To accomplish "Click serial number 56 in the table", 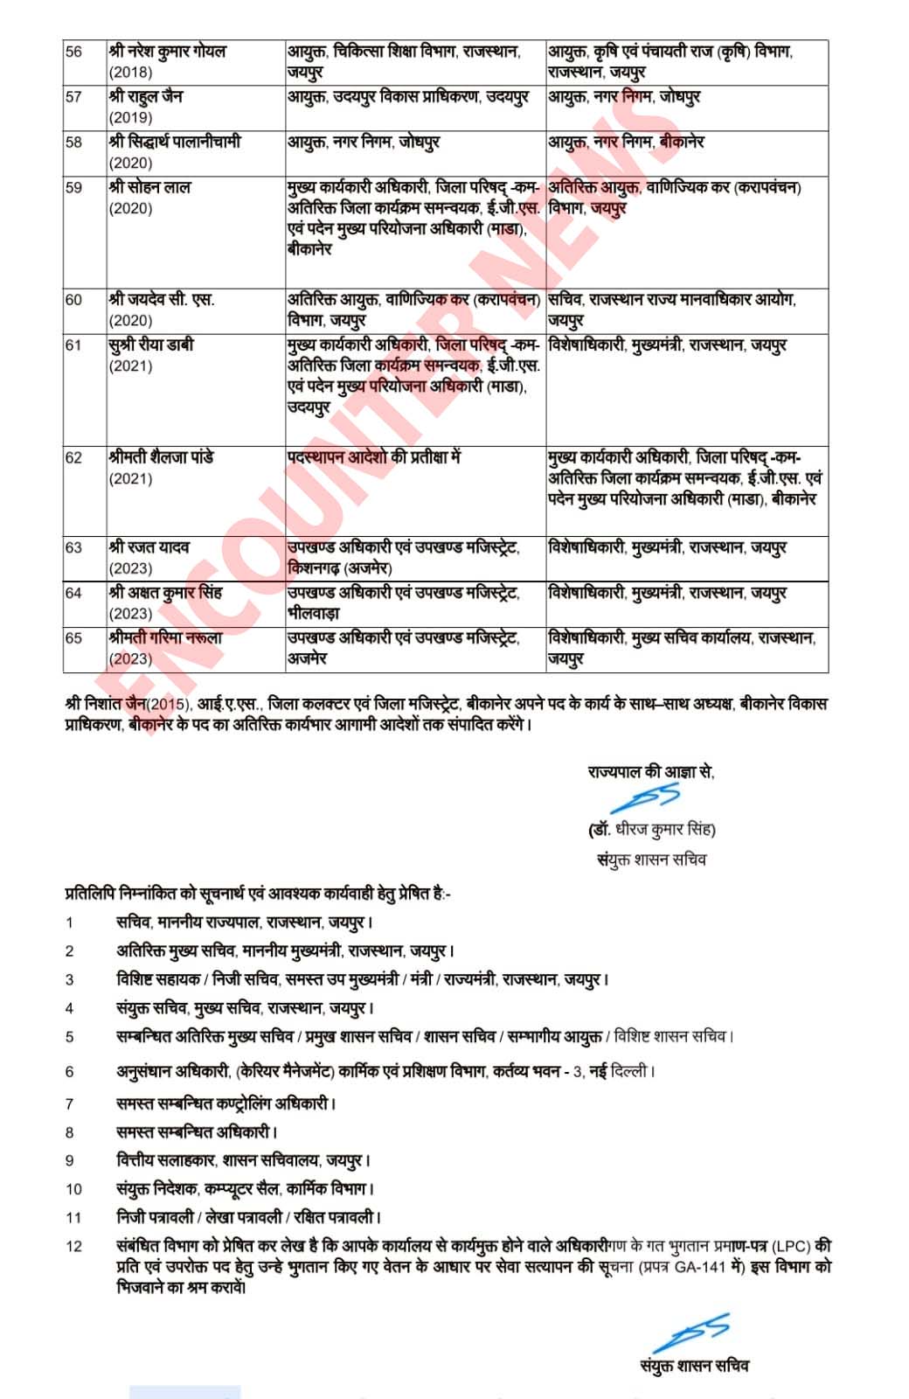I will pyautogui.click(x=73, y=52).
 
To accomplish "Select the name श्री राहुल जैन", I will pyautogui.click(x=146, y=96).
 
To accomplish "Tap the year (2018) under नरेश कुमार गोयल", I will pyautogui.click(x=130, y=73).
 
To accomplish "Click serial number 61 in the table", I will pyautogui.click(x=73, y=345).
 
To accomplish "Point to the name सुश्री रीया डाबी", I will pyautogui.click(x=151, y=345).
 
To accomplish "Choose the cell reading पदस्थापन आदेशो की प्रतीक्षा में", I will pyautogui.click(x=373, y=457).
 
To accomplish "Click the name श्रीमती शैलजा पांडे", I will pyautogui.click(x=162, y=457).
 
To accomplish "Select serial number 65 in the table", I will pyautogui.click(x=73, y=638).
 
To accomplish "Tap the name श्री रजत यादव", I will pyautogui.click(x=149, y=547).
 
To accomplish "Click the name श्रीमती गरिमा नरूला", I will pyautogui.click(x=165, y=638).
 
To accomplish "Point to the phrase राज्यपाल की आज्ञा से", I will pyautogui.click(x=650, y=772).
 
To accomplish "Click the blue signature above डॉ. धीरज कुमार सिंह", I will pyautogui.click(x=647, y=799).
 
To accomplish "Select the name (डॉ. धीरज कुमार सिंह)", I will pyautogui.click(x=651, y=829).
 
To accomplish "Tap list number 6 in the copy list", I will pyautogui.click(x=70, y=1072).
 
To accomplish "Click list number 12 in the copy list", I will pyautogui.click(x=73, y=1246).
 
